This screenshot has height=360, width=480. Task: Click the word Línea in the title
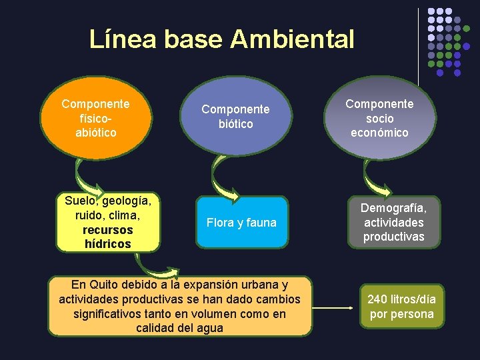pyautogui.click(x=123, y=40)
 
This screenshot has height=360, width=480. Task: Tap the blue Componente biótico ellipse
pyautogui.click(x=235, y=117)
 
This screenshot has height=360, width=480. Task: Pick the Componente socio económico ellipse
pyautogui.click(x=379, y=118)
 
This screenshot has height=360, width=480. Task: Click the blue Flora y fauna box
pyautogui.click(x=241, y=223)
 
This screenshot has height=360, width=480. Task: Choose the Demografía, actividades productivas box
pyautogui.click(x=393, y=223)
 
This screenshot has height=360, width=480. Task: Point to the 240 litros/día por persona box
pyautogui.click(x=402, y=307)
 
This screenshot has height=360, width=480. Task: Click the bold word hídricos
pyautogui.click(x=108, y=244)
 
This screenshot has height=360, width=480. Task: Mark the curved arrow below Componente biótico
pyautogui.click(x=223, y=180)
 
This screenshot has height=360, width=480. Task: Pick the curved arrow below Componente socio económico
pyautogui.click(x=376, y=179)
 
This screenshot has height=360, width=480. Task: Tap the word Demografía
pyautogui.click(x=393, y=208)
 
